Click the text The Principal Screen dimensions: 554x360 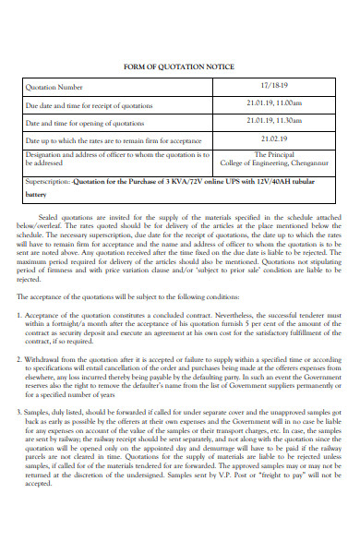pyautogui.click(x=274, y=155)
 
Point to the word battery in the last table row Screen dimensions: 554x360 pyautogui.click(x=36, y=196)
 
